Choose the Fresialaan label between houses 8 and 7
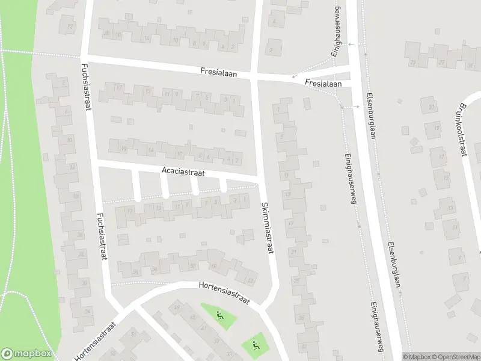pyautogui.click(x=219, y=73)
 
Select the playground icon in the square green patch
pyautogui.click(x=254, y=345)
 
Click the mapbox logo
pyautogui.click(x=26, y=353)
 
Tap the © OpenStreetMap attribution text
pyautogui.click(x=453, y=357)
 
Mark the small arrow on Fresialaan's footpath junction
pyautogui.click(x=293, y=76)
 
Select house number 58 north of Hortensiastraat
pyautogui.click(x=135, y=272)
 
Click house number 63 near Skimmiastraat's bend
pyautogui.click(x=250, y=280)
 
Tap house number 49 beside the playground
pyautogui.click(x=176, y=308)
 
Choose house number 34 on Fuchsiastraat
pyautogui.click(x=88, y=311)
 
